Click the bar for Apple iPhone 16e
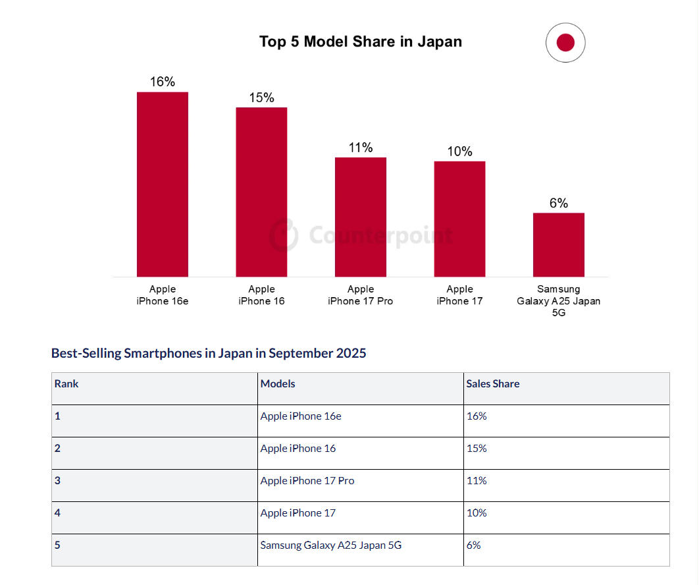point(162,184)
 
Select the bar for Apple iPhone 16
point(261,192)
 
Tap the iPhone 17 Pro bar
point(361,217)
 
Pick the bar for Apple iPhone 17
point(459,219)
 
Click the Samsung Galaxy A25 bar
point(559,244)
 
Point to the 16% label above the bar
point(162,82)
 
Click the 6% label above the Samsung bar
point(559,203)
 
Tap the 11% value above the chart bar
point(361,148)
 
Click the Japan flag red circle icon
point(565,43)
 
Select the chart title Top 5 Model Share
point(361,42)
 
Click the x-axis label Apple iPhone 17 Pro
point(361,295)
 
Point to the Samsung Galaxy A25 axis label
point(559,300)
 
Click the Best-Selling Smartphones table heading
point(209,353)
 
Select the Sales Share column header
point(493,383)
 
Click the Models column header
point(278,383)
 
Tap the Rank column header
point(66,383)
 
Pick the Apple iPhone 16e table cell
point(301,416)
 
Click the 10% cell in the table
point(477,513)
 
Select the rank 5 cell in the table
point(58,545)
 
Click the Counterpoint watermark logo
point(284,235)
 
